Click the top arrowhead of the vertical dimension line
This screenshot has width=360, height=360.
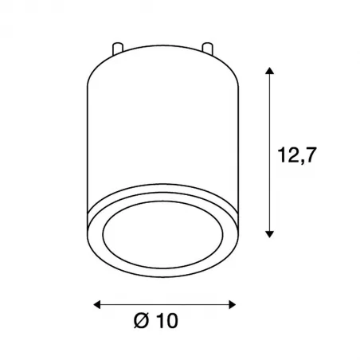(x=269, y=72)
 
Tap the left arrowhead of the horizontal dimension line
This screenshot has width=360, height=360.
(x=98, y=303)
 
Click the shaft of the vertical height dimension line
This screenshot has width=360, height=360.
(x=269, y=151)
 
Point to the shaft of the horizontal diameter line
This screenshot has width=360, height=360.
(x=165, y=303)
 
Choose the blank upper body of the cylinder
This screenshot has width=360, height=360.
(x=165, y=119)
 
